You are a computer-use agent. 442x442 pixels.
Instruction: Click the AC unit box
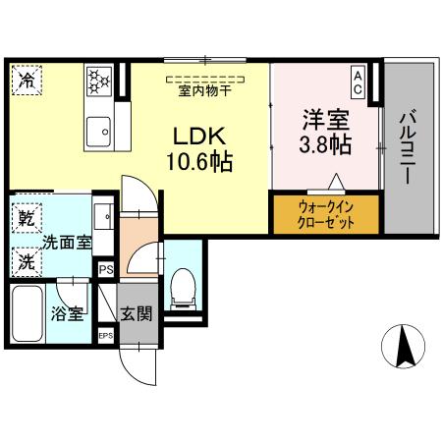(x=359, y=81)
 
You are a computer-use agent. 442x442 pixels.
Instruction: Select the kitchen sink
(x=99, y=129)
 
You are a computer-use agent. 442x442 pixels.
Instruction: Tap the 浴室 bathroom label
(x=66, y=314)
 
